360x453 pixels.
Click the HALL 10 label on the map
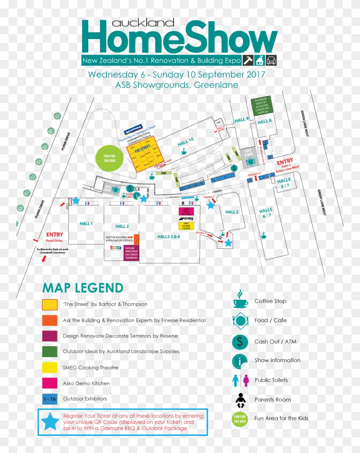[186, 140]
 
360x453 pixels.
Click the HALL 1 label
[86, 223]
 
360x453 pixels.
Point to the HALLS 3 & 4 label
[168, 236]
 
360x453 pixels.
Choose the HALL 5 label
[232, 212]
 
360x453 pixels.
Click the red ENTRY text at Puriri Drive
[54, 235]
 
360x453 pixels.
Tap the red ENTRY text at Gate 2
[285, 162]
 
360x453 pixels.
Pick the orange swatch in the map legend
[49, 320]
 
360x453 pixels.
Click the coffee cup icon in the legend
[240, 299]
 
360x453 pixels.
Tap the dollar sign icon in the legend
[240, 341]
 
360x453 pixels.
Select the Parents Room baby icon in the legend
[240, 400]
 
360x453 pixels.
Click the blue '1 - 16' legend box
[50, 399]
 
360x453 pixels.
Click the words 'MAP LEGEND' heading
[83, 288]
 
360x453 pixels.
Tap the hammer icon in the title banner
[248, 60]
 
